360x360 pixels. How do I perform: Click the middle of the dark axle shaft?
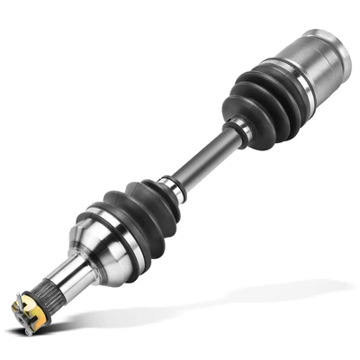click(202, 160)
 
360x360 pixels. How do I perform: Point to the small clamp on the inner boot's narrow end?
click(238, 132)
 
